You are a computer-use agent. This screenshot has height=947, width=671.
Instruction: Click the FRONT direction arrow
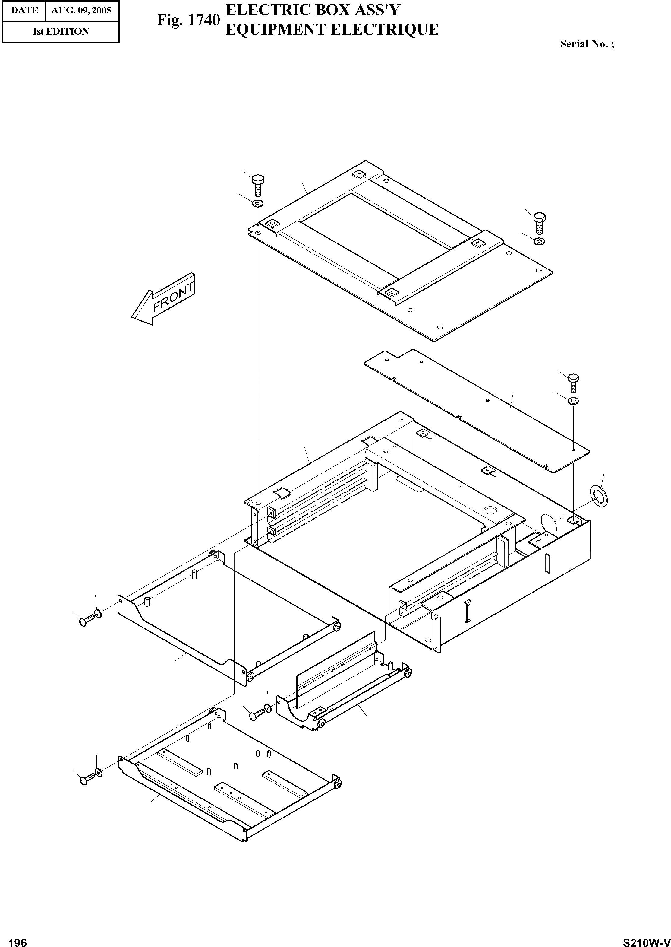163,299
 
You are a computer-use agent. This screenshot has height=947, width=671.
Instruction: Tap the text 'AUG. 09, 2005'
81,10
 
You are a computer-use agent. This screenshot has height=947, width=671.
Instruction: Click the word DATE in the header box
24,10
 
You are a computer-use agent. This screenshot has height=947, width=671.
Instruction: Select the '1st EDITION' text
61,31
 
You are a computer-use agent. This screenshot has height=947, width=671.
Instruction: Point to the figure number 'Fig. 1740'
188,20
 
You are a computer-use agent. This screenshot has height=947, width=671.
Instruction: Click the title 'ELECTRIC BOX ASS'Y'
313,10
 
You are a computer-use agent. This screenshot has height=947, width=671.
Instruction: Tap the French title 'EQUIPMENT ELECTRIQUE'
332,29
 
